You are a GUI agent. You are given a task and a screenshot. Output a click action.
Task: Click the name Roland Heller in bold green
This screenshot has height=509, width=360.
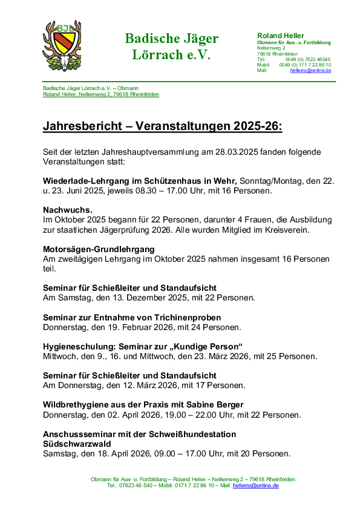point(281,36)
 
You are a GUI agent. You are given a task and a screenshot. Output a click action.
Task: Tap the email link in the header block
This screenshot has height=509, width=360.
point(310,70)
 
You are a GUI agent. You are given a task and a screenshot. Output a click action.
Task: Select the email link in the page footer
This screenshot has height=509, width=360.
point(255,485)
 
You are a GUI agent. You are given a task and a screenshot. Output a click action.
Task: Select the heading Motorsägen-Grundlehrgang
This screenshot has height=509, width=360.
point(99,249)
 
